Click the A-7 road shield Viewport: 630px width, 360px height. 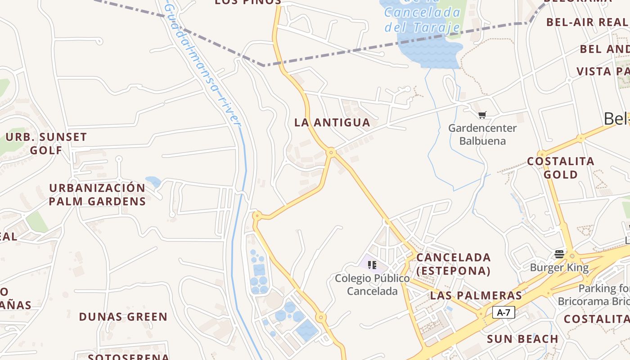(x=504, y=312)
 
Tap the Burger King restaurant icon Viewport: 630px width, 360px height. (x=559, y=254)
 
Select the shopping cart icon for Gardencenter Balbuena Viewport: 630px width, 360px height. (x=482, y=115)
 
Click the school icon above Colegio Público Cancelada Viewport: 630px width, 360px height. (x=372, y=265)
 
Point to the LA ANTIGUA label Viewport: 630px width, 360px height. (x=332, y=122)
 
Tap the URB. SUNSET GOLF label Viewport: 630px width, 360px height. (x=46, y=144)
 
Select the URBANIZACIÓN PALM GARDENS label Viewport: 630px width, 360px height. (x=97, y=194)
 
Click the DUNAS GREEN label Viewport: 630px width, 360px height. (x=123, y=317)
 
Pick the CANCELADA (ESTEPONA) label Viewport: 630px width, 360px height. (x=453, y=264)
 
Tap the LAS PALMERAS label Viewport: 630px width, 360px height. (x=476, y=296)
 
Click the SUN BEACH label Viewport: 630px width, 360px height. (x=522, y=339)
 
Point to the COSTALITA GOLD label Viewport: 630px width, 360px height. (x=561, y=167)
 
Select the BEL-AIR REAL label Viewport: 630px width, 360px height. (x=587, y=22)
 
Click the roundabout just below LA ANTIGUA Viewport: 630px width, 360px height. (x=332, y=153)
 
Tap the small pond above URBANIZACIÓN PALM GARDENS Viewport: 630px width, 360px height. (x=153, y=182)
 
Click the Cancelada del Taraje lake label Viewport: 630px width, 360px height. (x=422, y=20)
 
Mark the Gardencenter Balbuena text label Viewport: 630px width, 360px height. (x=482, y=134)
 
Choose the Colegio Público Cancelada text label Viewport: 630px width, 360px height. (x=372, y=284)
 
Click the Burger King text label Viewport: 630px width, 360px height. (x=559, y=268)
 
